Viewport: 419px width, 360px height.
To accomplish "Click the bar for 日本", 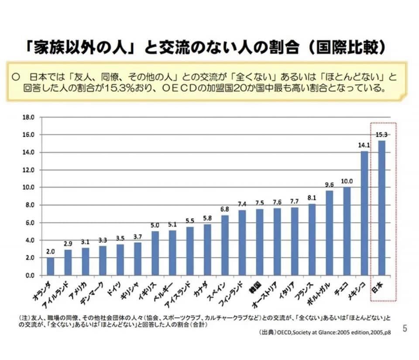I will click(x=382, y=208).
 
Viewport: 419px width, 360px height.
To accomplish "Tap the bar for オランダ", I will click(x=51, y=267).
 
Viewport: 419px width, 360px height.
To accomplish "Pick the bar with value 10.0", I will click(x=347, y=231).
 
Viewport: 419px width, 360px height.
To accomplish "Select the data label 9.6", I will click(x=329, y=184).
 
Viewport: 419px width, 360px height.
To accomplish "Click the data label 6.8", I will click(x=224, y=209).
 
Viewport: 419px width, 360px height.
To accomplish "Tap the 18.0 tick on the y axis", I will click(x=28, y=117).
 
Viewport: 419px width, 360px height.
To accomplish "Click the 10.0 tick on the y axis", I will click(x=28, y=187).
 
